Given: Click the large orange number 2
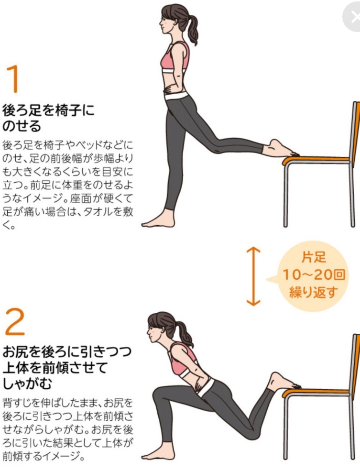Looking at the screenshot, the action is pos(15,322).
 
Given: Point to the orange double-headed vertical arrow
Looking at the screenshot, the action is pos(253,276).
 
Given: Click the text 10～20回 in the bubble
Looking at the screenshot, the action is pos(314,274).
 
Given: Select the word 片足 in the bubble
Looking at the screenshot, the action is pos(314,257).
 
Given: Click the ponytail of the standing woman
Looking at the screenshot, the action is pos(193,29).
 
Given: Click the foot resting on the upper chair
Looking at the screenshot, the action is pos(280,149).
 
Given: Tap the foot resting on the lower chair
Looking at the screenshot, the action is pos(283,381).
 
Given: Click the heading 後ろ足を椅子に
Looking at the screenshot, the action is pos(48,110).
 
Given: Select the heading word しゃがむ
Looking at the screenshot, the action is pos(27,383).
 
